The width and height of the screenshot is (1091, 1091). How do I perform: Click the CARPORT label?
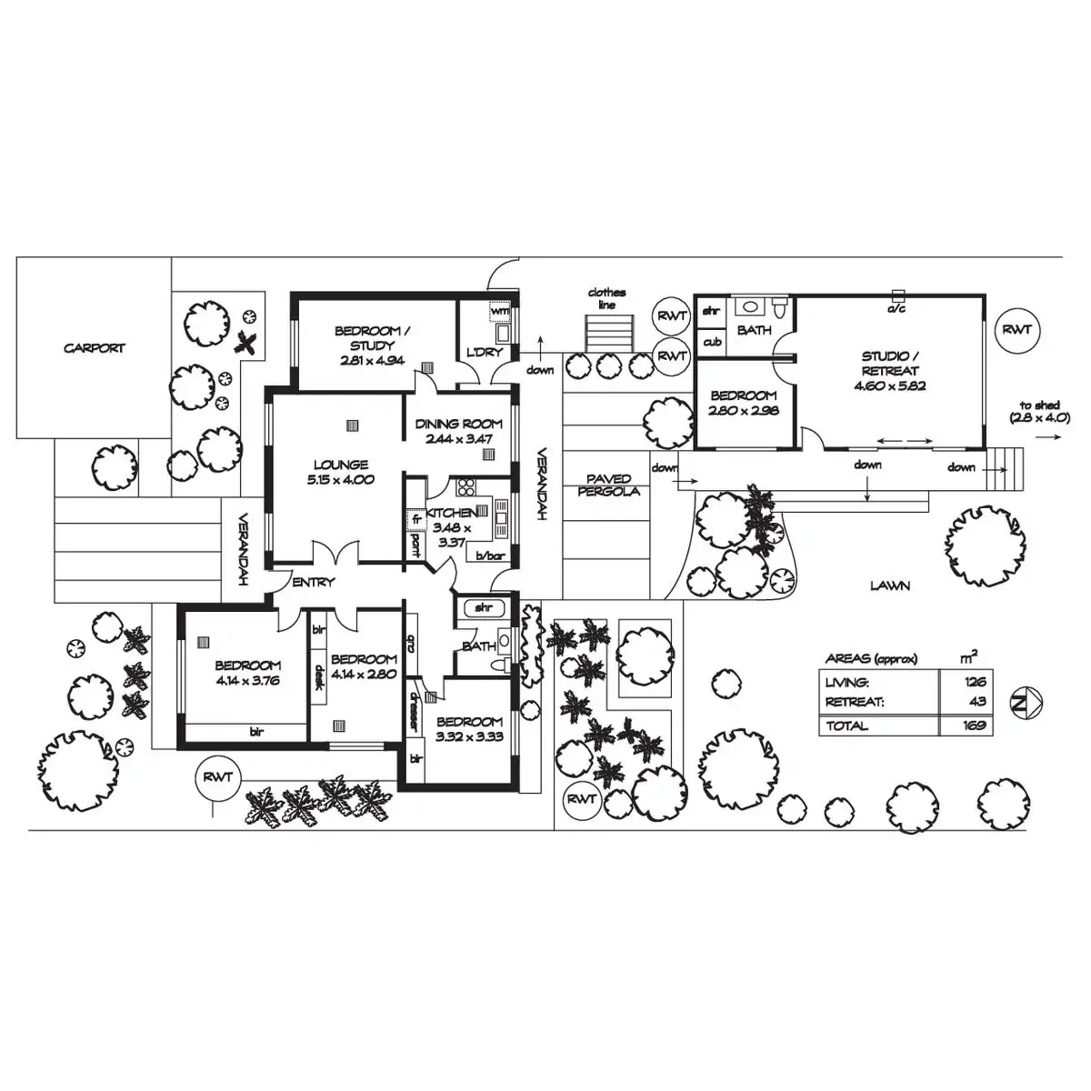coord(94,348)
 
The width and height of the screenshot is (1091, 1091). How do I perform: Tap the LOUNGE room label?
coord(340,465)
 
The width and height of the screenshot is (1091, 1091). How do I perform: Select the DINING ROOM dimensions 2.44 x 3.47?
coord(459,439)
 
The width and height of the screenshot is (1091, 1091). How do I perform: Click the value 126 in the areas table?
coord(975,682)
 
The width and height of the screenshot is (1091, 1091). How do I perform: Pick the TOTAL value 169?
coord(975,726)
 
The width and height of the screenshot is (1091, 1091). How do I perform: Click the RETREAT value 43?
coord(977,702)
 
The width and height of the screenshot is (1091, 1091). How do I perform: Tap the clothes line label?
coord(606,298)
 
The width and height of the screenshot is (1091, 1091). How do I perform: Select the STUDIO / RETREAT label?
coord(890,364)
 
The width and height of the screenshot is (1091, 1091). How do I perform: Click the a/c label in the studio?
coord(896,309)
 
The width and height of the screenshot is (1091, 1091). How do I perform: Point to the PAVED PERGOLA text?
coord(608,485)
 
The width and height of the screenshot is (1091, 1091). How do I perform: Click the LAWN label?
coord(889,586)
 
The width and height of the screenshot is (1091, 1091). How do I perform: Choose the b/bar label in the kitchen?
coord(489,556)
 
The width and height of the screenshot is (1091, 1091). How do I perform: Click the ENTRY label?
coord(314,583)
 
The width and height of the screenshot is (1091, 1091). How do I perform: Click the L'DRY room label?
coord(484,352)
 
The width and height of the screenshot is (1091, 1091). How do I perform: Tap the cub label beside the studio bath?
coord(712,343)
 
